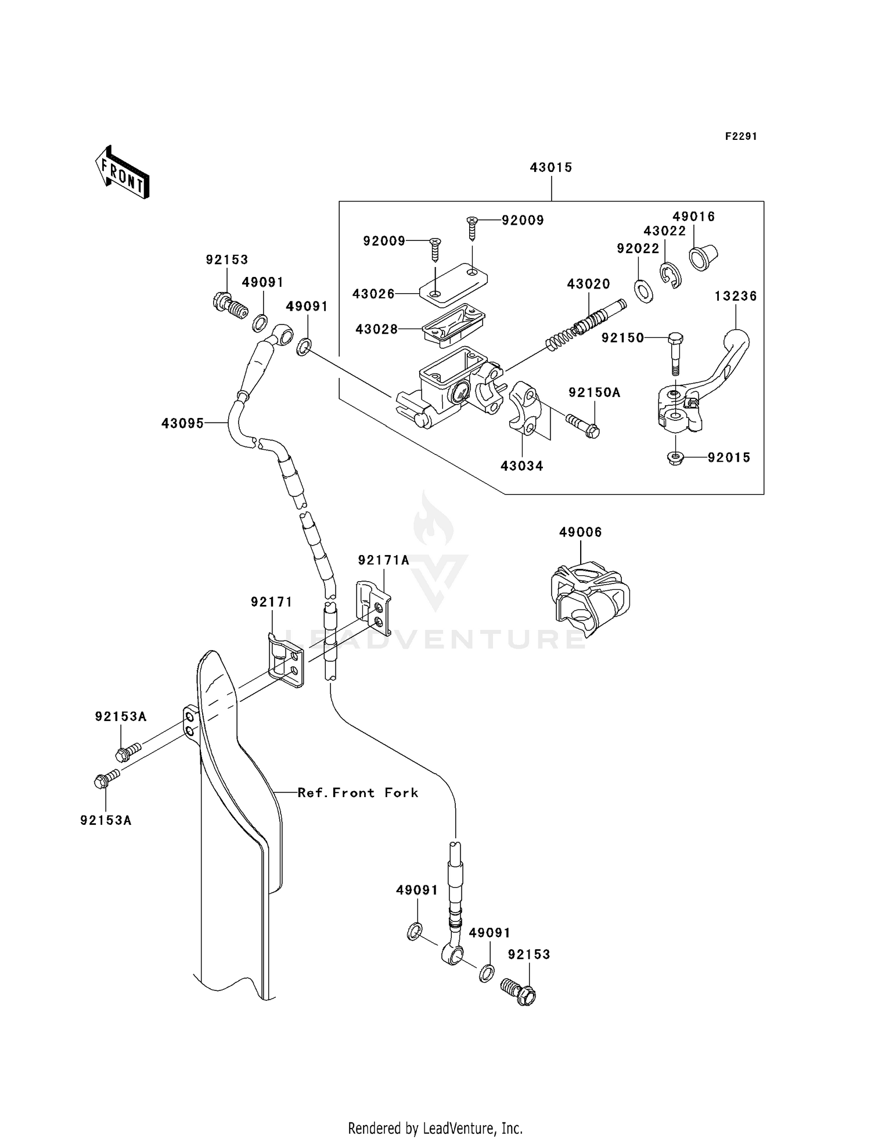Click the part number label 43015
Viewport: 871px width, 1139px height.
[550, 168]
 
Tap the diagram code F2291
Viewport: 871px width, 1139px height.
[741, 136]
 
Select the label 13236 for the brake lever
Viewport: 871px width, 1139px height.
[735, 296]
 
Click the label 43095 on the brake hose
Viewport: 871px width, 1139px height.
[182, 424]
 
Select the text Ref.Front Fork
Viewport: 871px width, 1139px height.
[358, 792]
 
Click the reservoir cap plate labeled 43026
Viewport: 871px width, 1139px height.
[454, 284]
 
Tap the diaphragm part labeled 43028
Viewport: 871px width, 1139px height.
[454, 325]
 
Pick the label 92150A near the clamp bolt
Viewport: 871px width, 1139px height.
[594, 393]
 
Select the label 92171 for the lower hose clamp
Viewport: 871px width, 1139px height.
[271, 603]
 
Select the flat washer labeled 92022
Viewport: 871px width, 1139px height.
[644, 291]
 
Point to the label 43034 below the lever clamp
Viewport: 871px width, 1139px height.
[521, 466]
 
